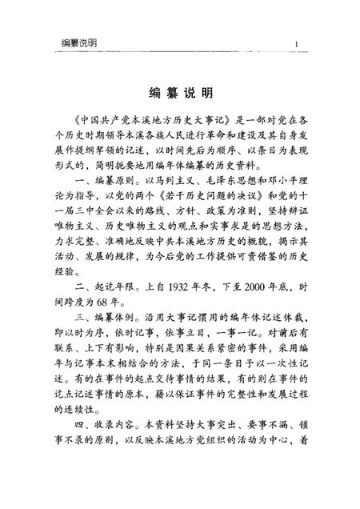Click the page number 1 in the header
297,42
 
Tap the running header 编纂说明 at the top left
80,42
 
